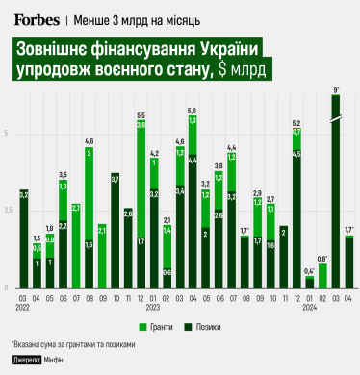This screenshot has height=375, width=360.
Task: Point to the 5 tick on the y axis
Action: click(x=8, y=133)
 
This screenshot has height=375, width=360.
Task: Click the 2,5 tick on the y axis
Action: click(x=8, y=211)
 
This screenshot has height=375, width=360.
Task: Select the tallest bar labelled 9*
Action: click(x=336, y=192)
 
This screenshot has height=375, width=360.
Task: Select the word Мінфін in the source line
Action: click(x=55, y=359)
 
